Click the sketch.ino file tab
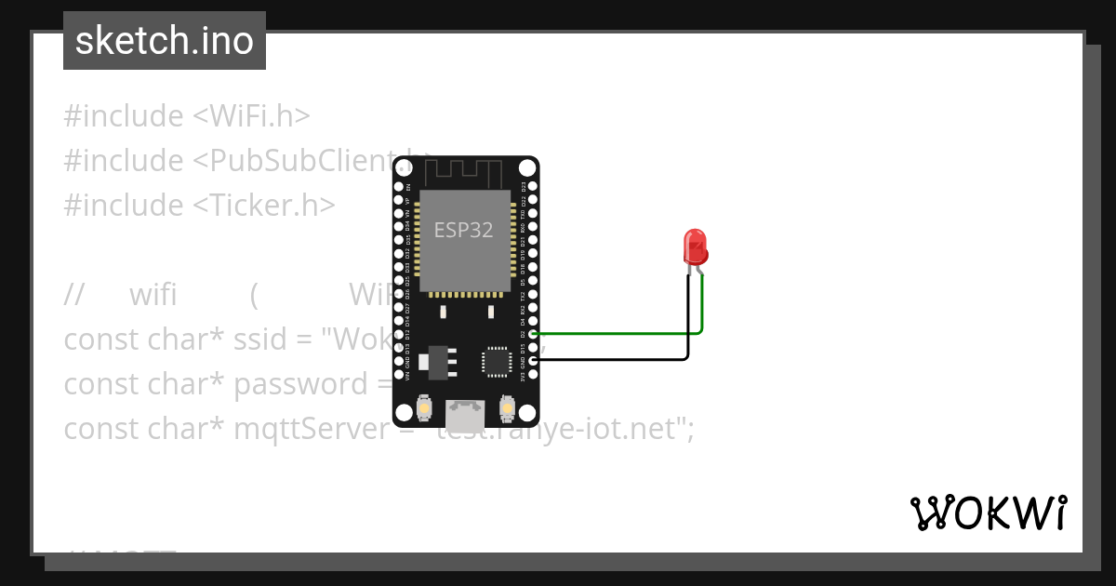(164, 41)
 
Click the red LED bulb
(696, 247)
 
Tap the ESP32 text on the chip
(463, 230)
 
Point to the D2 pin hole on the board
(533, 332)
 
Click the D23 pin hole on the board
(533, 186)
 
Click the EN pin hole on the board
(398, 186)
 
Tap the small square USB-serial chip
(496, 361)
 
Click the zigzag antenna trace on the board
(463, 172)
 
